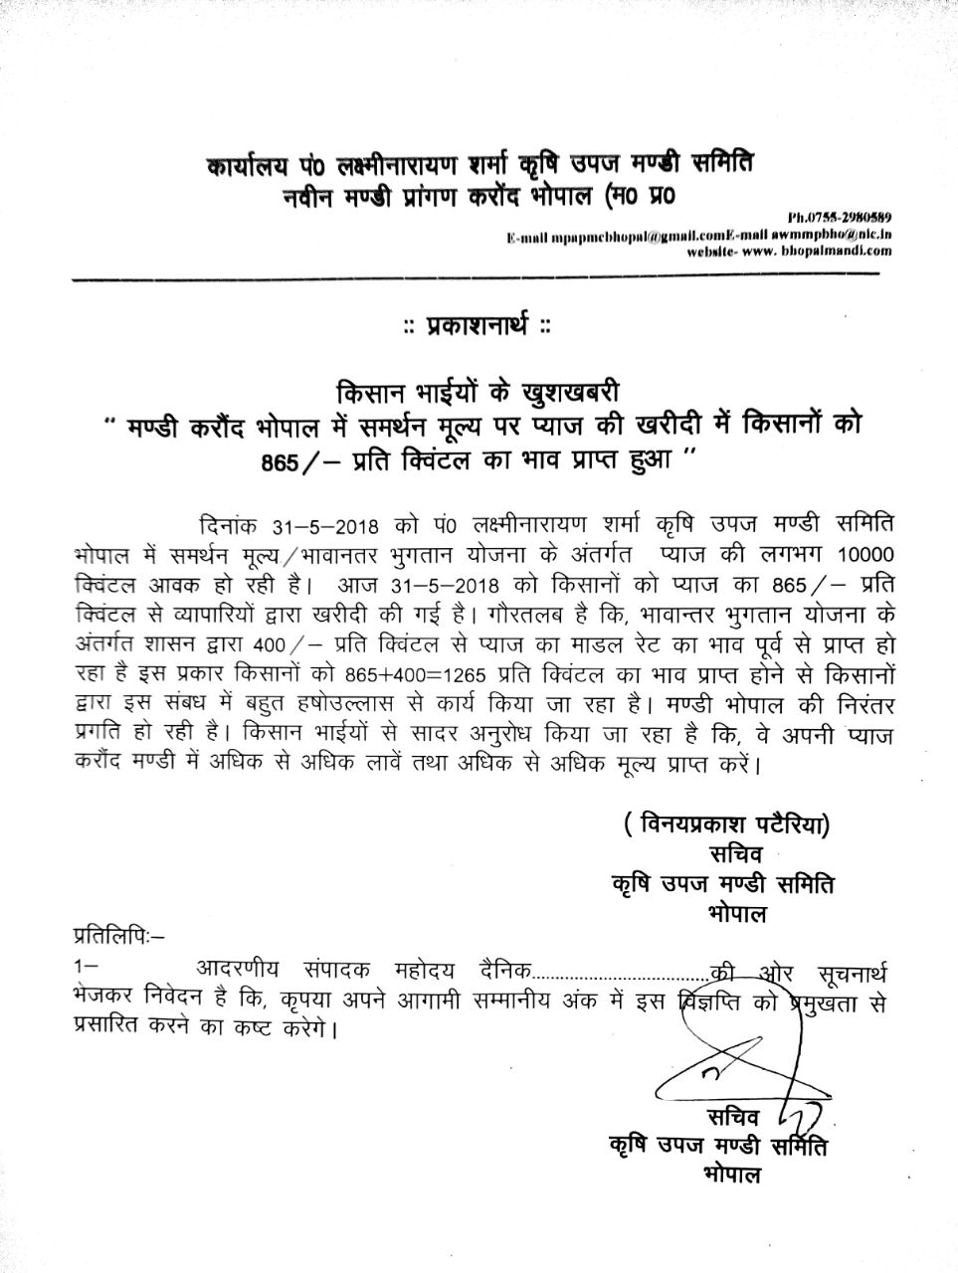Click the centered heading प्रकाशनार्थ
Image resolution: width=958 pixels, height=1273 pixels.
pyautogui.click(x=477, y=324)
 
